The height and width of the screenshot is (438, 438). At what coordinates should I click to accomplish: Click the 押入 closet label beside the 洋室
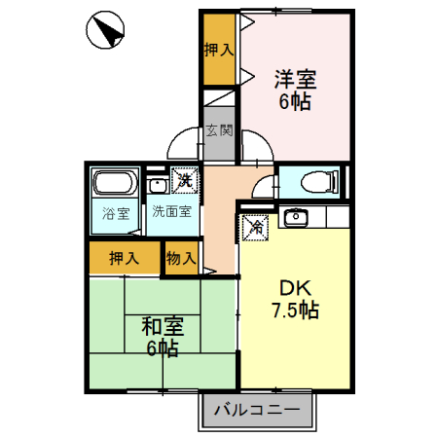pyautogui.click(x=219, y=49)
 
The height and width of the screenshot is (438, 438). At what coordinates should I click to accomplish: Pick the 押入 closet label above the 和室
pyautogui.click(x=124, y=258)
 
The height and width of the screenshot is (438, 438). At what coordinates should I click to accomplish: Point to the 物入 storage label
pyautogui.click(x=182, y=258)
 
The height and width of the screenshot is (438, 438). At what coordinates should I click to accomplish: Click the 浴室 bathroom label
pyautogui.click(x=117, y=213)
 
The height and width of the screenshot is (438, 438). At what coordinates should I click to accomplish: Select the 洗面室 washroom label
pyautogui.click(x=170, y=211)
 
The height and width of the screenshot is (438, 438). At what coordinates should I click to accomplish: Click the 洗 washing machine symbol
pyautogui.click(x=184, y=179)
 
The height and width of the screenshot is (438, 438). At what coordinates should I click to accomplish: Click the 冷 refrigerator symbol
pyautogui.click(x=256, y=227)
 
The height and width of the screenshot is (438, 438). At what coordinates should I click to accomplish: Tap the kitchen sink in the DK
pyautogui.click(x=296, y=217)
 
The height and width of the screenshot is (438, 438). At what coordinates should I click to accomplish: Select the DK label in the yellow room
pyautogui.click(x=295, y=288)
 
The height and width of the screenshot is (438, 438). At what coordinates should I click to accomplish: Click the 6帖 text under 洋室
pyautogui.click(x=295, y=101)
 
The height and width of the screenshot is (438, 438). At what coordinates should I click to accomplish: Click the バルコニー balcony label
pyautogui.click(x=259, y=410)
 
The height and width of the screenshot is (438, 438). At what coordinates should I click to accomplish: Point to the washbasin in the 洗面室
pyautogui.click(x=157, y=183)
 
